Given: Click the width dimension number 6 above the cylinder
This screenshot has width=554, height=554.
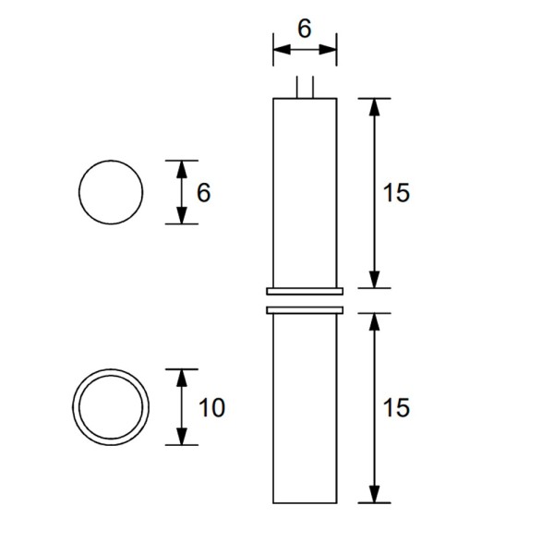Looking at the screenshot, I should (304, 29).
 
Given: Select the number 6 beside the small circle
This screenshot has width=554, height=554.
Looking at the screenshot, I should (205, 193).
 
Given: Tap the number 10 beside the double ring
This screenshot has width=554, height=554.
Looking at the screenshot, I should (211, 407).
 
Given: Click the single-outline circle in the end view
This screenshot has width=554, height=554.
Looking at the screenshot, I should (111, 192).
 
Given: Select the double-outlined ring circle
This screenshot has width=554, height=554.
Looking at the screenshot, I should (111, 407).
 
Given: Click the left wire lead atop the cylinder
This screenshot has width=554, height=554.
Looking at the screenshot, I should (296, 87).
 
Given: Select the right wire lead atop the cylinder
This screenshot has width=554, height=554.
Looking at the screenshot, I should (314, 87).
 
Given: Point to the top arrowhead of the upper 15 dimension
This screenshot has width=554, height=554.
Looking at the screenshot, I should (374, 105).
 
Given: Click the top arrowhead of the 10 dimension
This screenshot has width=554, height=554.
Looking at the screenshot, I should (182, 377).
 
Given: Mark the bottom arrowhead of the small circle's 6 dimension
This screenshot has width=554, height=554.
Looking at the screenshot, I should (182, 216).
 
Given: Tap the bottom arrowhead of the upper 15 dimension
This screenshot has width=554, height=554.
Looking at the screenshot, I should (374, 280).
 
